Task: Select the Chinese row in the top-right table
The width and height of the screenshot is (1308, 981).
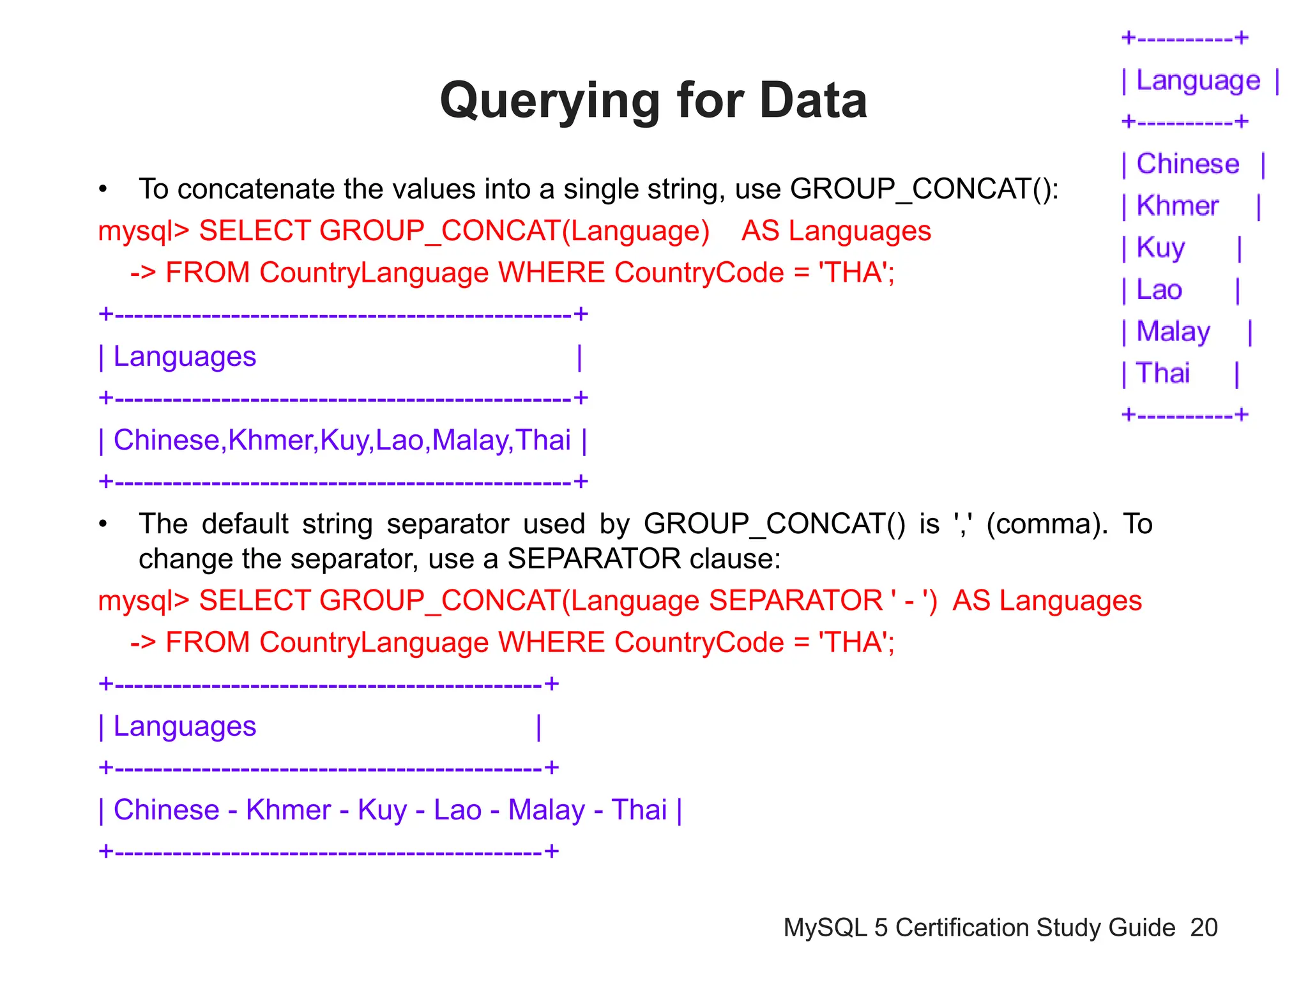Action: [x=1187, y=164]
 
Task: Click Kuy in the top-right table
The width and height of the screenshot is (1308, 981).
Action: [x=1160, y=248]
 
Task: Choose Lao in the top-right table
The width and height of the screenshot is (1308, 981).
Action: [x=1159, y=290]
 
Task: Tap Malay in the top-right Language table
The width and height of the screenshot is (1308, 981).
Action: [x=1173, y=332]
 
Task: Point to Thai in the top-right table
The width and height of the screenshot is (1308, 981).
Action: [x=1163, y=374]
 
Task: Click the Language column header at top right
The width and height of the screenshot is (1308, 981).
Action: [x=1198, y=81]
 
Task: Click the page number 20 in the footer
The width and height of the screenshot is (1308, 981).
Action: [x=1204, y=927]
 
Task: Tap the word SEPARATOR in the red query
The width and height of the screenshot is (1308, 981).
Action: [x=796, y=601]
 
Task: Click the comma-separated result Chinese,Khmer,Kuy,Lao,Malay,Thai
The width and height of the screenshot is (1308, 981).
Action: [x=342, y=440]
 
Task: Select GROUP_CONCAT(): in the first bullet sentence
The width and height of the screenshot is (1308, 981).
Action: [x=924, y=189]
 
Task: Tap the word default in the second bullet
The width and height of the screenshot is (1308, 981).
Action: [x=245, y=524]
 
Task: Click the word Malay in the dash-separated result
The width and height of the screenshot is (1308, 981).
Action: [x=546, y=810]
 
